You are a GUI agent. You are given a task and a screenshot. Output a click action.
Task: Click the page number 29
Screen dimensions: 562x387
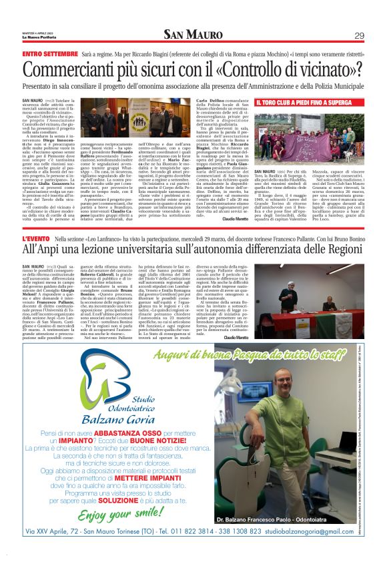pyautogui.click(x=359, y=35)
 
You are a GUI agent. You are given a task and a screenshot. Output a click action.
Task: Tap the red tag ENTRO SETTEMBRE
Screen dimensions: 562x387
pyautogui.click(x=49, y=53)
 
